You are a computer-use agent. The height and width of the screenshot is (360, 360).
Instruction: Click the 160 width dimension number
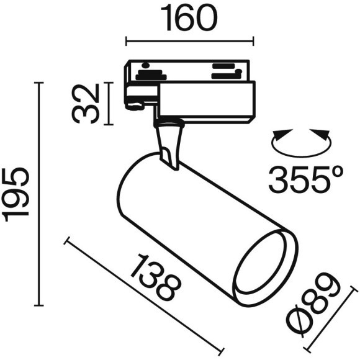(190, 19)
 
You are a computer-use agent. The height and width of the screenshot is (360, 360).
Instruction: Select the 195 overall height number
(16, 194)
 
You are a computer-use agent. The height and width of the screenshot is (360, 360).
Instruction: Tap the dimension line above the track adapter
(190, 42)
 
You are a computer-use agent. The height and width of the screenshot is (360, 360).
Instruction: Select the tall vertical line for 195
(41, 194)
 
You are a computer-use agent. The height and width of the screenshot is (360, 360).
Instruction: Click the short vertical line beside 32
(110, 102)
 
